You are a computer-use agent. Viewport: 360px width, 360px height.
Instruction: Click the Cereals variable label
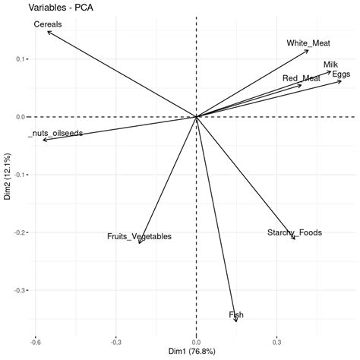tap(48, 24)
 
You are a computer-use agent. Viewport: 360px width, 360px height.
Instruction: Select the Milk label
tap(331, 65)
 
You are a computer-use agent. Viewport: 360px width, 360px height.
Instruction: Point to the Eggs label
tap(341, 74)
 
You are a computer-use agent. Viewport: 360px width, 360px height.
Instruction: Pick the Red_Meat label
tap(302, 78)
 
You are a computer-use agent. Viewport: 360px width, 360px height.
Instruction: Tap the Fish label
tap(236, 314)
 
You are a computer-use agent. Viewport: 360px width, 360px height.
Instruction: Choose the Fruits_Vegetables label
tap(139, 237)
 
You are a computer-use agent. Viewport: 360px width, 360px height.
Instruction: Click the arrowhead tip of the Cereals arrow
tap(47, 31)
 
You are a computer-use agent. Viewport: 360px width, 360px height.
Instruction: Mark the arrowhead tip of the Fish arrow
tap(237, 322)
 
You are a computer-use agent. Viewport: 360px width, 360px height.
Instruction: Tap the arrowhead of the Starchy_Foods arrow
tap(295, 240)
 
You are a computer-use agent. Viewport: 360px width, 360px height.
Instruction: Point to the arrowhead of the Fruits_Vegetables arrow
tap(140, 244)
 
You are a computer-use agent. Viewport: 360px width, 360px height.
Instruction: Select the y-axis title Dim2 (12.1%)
tap(7, 179)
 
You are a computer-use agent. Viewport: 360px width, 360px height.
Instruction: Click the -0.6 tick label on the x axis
tap(33, 341)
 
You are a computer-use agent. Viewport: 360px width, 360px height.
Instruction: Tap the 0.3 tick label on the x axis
tap(278, 341)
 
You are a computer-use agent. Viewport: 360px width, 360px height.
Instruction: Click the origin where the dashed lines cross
tap(197, 117)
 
